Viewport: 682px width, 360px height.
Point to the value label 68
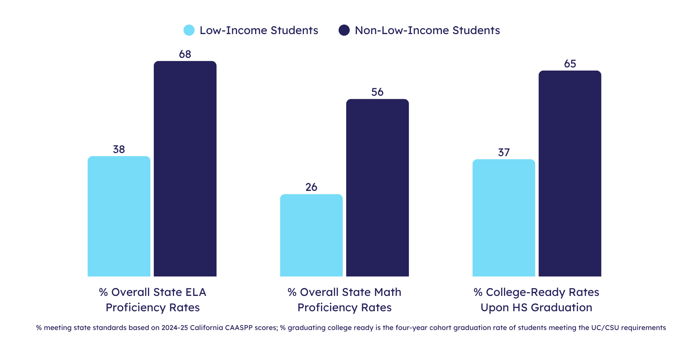(185, 54)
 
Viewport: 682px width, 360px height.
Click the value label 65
(570, 64)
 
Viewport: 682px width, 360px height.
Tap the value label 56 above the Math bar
(377, 92)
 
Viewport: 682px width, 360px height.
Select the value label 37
(504, 152)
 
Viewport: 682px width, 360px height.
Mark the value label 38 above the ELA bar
(119, 149)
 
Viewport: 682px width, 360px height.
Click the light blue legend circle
(189, 30)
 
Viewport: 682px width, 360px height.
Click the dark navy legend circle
(344, 30)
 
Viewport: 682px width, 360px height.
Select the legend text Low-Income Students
(259, 30)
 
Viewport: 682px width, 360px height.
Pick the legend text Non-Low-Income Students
(427, 30)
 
